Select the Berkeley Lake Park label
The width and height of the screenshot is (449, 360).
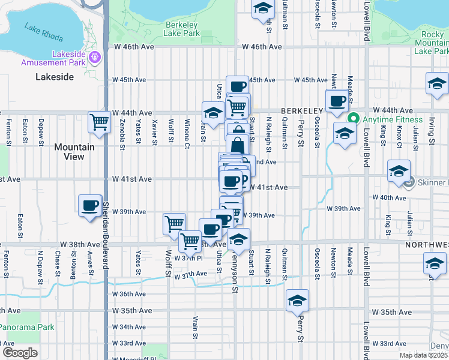coord(181,29)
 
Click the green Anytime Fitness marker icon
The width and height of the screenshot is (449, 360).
coord(354,119)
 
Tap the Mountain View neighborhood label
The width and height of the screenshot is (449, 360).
coord(74,152)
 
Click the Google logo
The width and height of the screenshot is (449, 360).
coord(20,352)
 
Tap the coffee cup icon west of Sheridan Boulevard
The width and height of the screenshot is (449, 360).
coord(89,205)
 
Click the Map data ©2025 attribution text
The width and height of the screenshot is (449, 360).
coord(423,355)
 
